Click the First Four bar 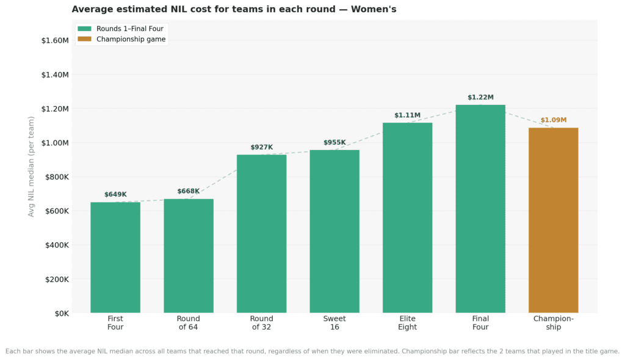(115, 257)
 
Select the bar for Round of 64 (189, 256)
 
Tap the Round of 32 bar (261, 234)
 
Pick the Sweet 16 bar (334, 231)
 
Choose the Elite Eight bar (407, 218)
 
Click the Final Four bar (480, 209)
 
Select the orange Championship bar (553, 220)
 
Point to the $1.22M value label (480, 98)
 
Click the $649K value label (115, 195)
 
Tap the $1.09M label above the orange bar (553, 120)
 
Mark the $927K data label (261, 148)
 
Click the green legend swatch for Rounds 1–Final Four (84, 29)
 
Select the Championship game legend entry (131, 39)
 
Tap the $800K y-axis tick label (56, 177)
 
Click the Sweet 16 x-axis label (334, 323)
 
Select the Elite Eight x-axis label (407, 323)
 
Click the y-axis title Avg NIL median (31, 166)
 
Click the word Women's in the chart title (374, 9)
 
